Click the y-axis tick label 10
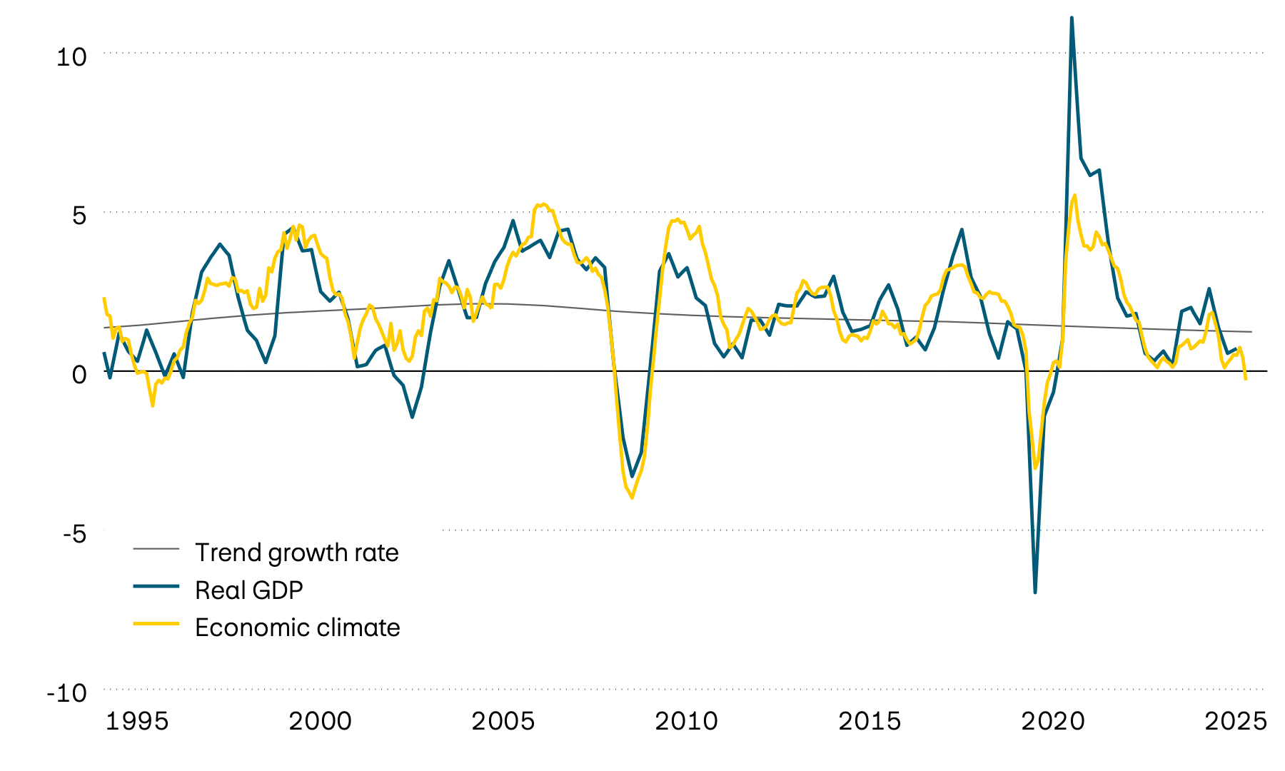(x=71, y=57)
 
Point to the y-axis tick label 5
(x=79, y=216)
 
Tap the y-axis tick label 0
(x=79, y=374)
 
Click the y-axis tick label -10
(x=66, y=692)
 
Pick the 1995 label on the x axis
(x=137, y=722)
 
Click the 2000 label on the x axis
(x=320, y=722)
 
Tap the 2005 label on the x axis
(x=503, y=722)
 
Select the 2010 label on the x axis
(x=686, y=722)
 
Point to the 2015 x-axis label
(x=870, y=722)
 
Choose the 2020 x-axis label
(x=1053, y=722)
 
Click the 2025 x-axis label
(x=1236, y=722)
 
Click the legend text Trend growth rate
(x=296, y=553)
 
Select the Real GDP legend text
(x=249, y=590)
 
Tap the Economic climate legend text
(x=297, y=628)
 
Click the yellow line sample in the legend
(x=156, y=624)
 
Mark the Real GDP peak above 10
(x=1072, y=18)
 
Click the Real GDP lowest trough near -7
(x=1035, y=592)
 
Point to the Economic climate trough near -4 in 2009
(x=632, y=498)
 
